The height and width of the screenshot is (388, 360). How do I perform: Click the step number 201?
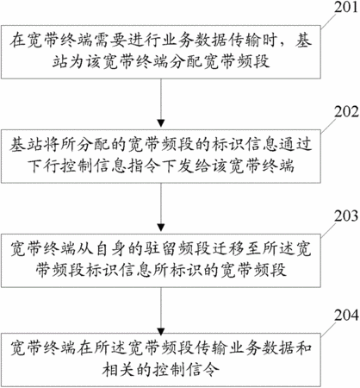346,7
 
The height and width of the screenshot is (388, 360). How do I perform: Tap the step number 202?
346,112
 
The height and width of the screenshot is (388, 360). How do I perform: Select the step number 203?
346,216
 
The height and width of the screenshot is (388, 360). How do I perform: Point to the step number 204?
346,316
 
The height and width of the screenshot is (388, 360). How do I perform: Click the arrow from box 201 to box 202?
161,103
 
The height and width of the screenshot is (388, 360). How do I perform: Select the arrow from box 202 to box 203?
161,207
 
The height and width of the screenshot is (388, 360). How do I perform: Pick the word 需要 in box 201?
109,41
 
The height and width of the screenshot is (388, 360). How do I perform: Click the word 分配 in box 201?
185,61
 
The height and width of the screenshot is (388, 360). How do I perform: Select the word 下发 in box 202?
177,166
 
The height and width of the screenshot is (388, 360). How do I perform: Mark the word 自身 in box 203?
110,249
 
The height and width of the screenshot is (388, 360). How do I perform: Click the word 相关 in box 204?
118,369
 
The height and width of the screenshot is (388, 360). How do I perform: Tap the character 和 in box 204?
303,348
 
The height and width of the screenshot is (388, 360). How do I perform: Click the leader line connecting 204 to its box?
328,329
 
